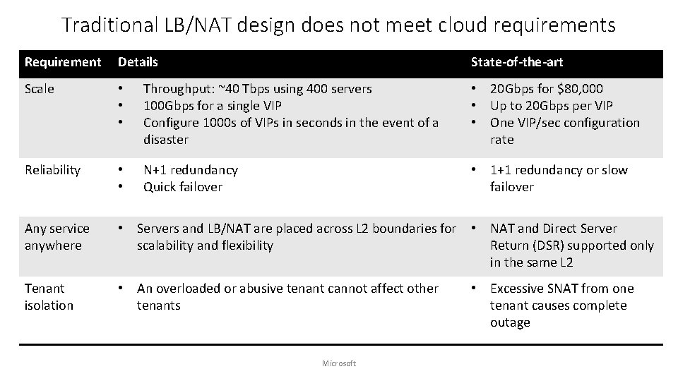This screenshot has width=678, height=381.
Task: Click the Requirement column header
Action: click(x=63, y=62)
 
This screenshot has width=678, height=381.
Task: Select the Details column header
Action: click(x=138, y=62)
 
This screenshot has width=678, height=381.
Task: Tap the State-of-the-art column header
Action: click(x=517, y=62)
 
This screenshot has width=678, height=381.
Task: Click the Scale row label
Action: click(x=39, y=89)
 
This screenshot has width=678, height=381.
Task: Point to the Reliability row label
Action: click(x=53, y=170)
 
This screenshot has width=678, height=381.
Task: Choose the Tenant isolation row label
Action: click(x=49, y=297)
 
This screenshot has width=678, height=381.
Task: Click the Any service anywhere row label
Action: click(x=57, y=237)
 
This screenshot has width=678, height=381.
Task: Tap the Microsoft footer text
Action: click(x=339, y=363)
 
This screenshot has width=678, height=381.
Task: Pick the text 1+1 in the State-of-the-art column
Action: click(x=501, y=170)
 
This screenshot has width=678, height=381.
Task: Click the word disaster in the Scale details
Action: click(x=166, y=140)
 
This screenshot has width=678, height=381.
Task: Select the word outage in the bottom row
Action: click(x=510, y=322)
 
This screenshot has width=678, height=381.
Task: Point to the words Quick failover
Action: click(x=183, y=187)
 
